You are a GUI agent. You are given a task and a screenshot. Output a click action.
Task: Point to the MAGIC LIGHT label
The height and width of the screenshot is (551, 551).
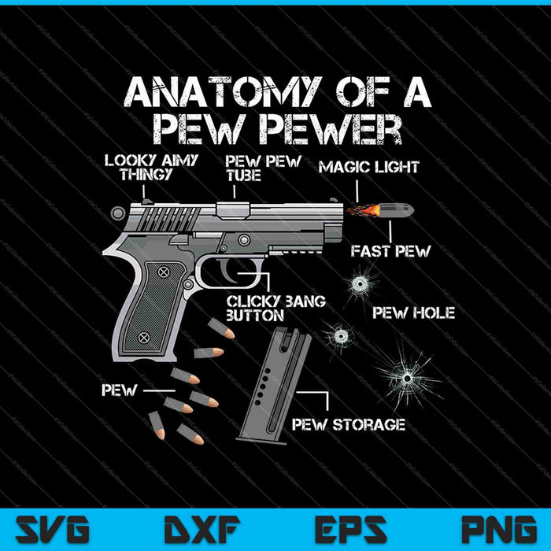click(x=368, y=166)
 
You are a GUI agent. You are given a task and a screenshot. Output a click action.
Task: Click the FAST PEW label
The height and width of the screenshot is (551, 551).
click(x=390, y=252)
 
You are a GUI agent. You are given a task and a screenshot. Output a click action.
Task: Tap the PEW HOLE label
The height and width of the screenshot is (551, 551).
click(x=413, y=313)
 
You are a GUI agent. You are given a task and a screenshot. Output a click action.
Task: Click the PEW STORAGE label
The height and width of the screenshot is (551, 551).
click(x=349, y=425)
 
